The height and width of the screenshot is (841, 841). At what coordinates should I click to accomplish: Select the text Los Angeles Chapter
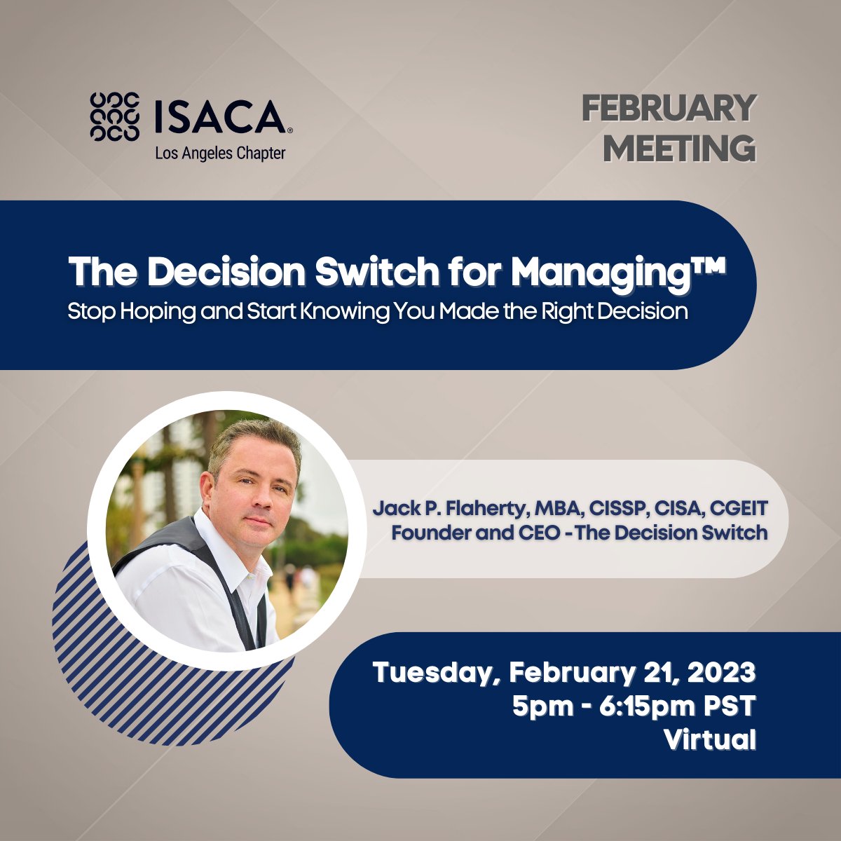[220, 153]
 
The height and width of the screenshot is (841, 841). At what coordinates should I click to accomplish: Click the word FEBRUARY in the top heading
[668, 109]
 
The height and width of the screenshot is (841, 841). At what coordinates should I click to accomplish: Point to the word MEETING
[679, 148]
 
